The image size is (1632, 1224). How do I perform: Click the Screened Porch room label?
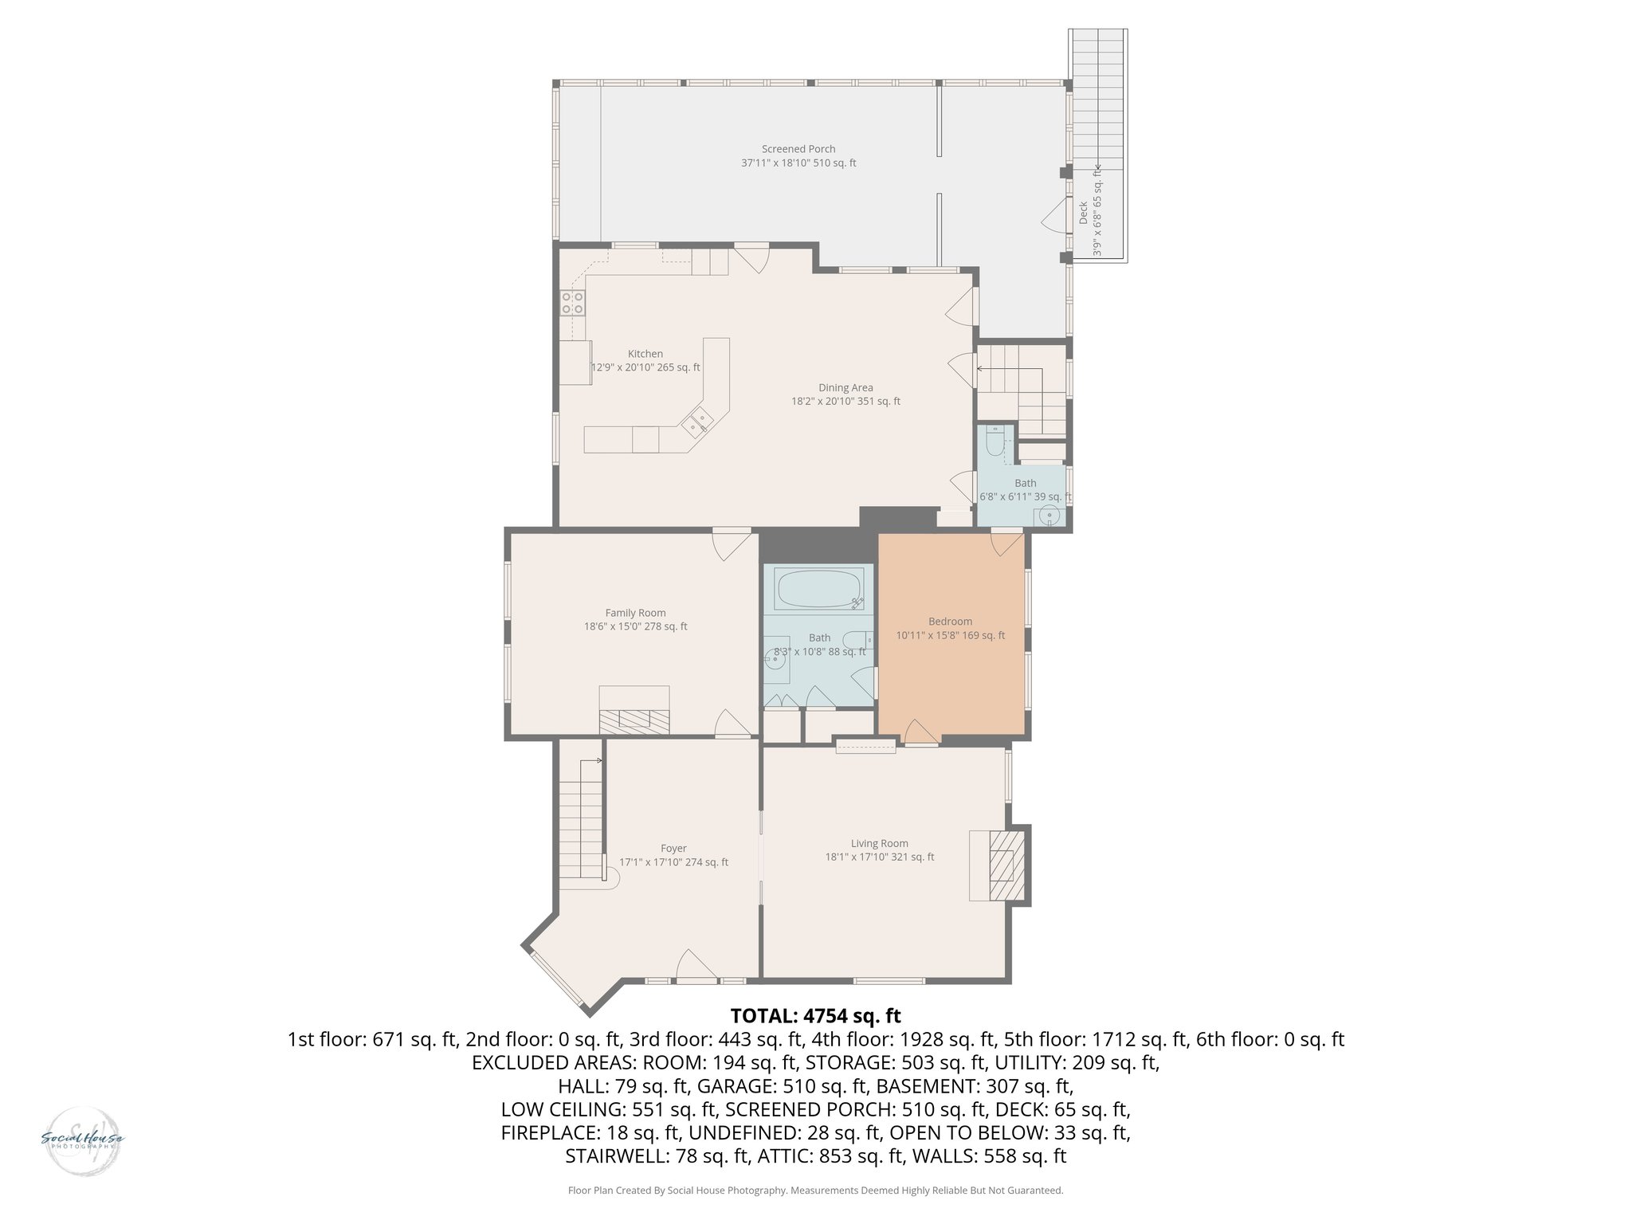point(798,149)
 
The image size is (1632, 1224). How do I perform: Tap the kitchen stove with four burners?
point(572,303)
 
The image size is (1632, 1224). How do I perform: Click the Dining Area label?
point(845,388)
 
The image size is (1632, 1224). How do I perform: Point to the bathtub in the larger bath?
point(819,589)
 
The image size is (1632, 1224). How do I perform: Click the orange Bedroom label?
point(950,622)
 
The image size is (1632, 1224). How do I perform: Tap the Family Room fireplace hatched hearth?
point(634,721)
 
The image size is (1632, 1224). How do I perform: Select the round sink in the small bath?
point(1049,516)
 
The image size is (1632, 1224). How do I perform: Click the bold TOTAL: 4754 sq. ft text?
point(815,1016)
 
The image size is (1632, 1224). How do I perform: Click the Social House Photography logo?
point(82,1140)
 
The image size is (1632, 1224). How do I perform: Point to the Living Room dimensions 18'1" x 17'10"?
point(880,857)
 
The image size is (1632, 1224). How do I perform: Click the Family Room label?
point(635,613)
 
